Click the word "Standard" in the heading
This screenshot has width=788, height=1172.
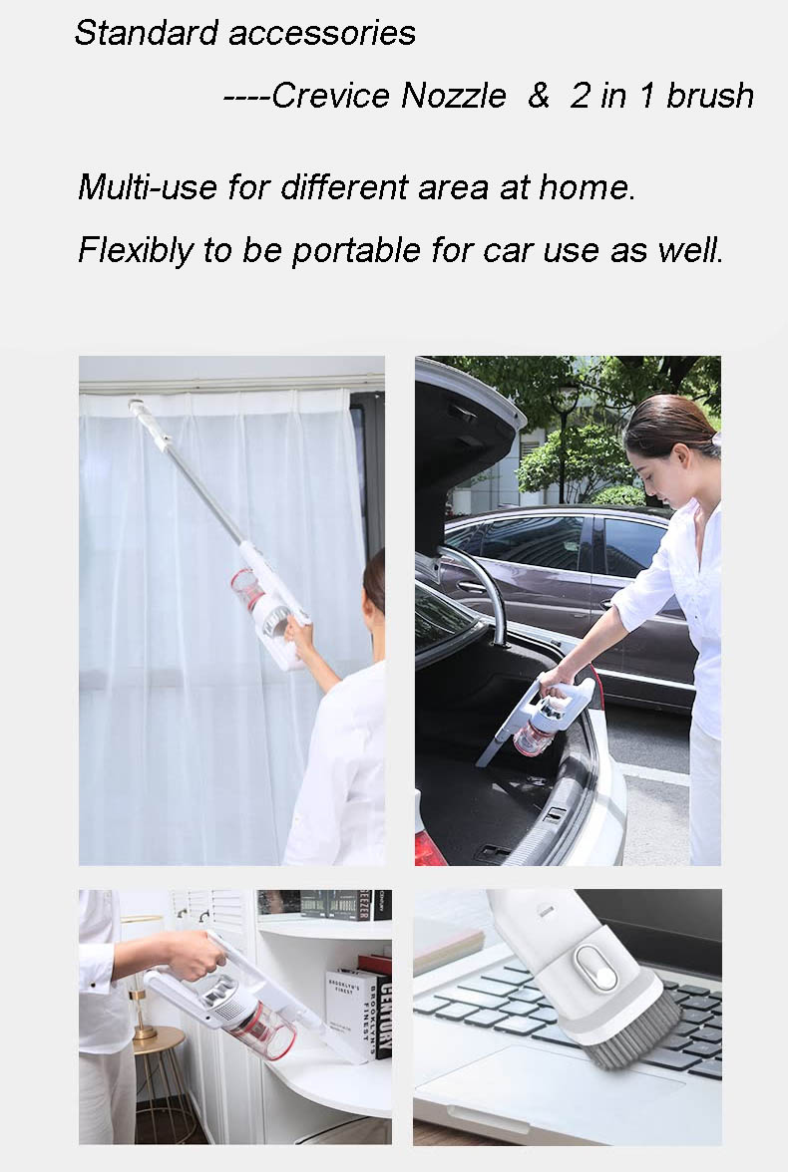pos(146,33)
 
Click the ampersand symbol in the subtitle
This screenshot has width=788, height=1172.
pos(539,96)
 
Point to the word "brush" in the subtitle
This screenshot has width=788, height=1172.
pos(710,96)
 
